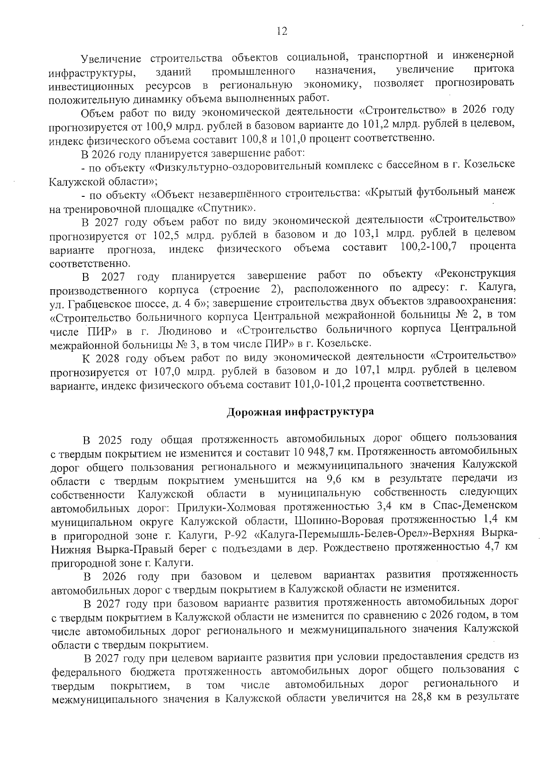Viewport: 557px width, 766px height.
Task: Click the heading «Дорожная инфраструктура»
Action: (x=300, y=412)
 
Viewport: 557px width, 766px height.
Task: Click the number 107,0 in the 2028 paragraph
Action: (x=163, y=371)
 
